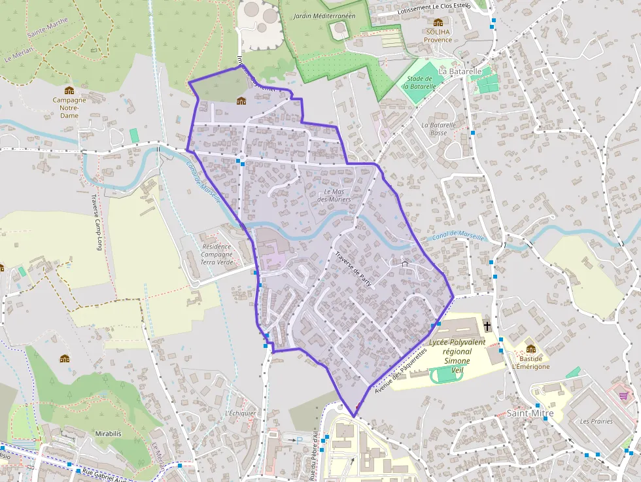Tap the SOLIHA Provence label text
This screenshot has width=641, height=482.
(438, 35)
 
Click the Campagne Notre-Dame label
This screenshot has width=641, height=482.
(69, 108)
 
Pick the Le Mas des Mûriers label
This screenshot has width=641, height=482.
(334, 195)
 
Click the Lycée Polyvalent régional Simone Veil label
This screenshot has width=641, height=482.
(457, 356)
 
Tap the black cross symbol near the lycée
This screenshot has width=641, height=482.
(487, 325)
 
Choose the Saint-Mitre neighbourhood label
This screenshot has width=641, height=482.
(530, 413)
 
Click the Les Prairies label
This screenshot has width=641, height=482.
(596, 421)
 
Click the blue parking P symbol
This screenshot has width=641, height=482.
(300, 440)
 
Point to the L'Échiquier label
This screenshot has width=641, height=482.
(239, 413)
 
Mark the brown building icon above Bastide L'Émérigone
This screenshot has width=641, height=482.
(530, 349)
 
